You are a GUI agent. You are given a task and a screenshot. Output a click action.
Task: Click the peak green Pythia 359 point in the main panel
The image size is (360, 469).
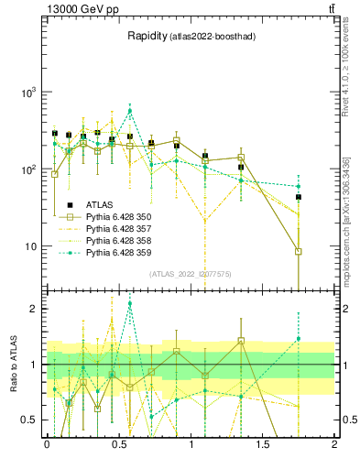coord(130,111)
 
